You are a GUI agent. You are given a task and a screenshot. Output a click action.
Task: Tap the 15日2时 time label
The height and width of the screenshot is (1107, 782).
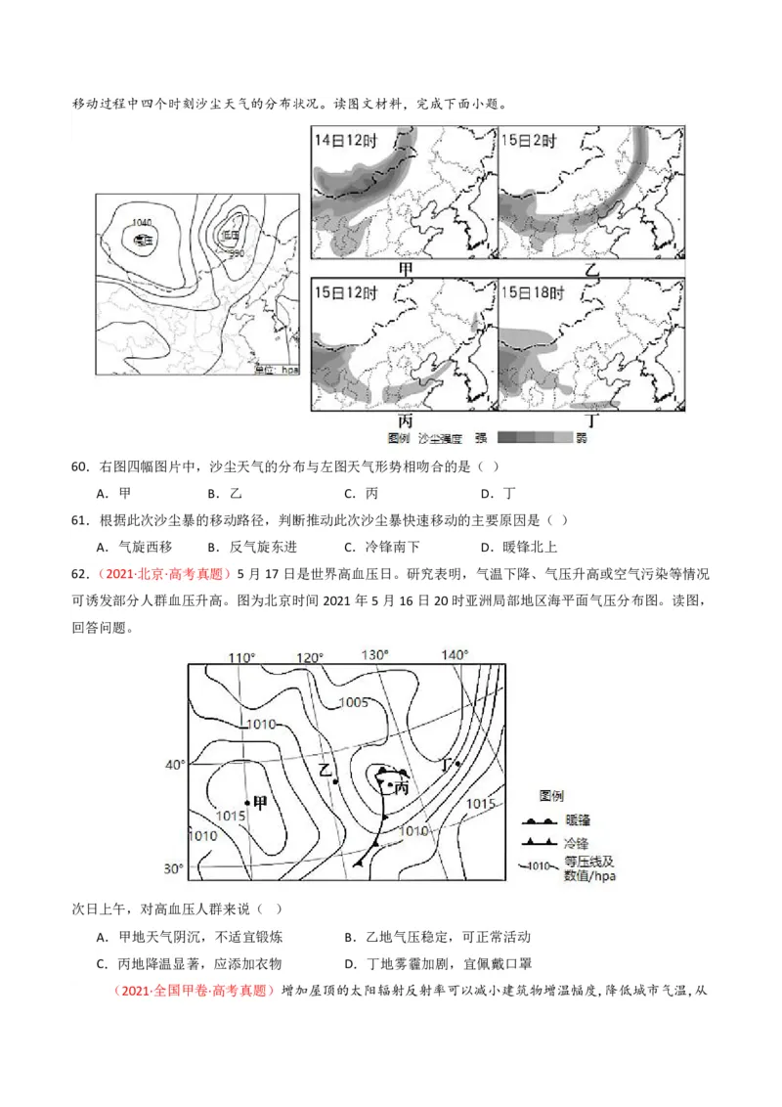[x=529, y=141]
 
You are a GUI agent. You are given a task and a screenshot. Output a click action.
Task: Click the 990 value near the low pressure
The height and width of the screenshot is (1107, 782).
[x=236, y=254]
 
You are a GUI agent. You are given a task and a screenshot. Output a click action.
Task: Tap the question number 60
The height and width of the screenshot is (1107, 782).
[x=80, y=467]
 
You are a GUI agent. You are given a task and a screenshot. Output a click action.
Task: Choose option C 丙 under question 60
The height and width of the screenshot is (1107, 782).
[x=360, y=494]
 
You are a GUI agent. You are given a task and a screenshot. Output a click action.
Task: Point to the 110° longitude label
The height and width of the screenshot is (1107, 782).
[x=241, y=656]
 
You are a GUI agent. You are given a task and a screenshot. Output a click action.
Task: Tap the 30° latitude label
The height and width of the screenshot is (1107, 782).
[x=173, y=869]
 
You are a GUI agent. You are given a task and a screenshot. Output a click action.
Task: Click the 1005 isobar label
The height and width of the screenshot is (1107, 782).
[x=353, y=702]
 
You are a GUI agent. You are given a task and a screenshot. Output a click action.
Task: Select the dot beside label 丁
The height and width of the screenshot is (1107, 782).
[x=457, y=764]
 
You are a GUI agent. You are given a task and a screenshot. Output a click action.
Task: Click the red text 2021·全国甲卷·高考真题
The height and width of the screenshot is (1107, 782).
[x=195, y=991]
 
